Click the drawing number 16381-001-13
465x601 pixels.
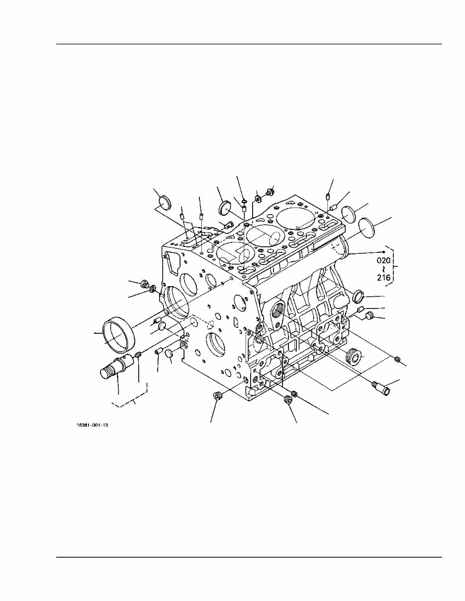92,426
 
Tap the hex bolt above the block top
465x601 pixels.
271,191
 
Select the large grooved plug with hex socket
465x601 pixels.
353,357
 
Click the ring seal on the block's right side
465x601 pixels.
358,297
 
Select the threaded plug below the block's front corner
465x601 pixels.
216,396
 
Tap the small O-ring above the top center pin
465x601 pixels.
244,201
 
